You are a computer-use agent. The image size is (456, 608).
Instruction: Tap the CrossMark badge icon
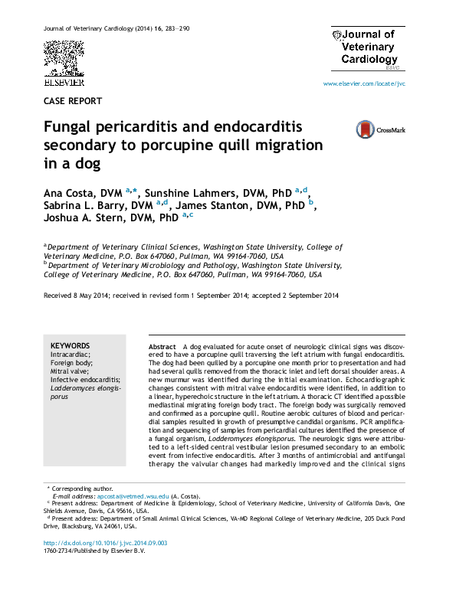pyautogui.click(x=380, y=129)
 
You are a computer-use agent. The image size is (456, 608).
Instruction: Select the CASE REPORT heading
pyautogui.click(x=73, y=101)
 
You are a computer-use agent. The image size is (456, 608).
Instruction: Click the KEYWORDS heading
pyautogui.click(x=70, y=346)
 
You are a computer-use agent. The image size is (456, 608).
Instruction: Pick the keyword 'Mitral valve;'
pyautogui.click(x=71, y=371)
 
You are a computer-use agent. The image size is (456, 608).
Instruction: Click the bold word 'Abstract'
pyautogui.click(x=162, y=347)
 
